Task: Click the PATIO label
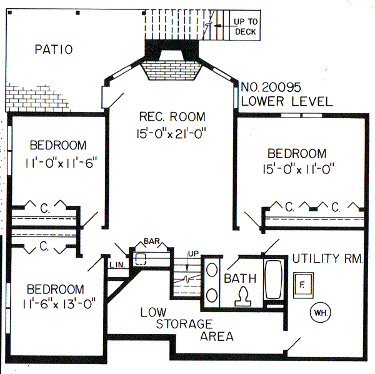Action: point(53,49)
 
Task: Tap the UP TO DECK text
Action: point(245,26)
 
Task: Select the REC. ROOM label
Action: point(172,117)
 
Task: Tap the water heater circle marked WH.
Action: point(319,311)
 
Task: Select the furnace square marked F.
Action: point(302,283)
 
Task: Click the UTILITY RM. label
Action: point(327,258)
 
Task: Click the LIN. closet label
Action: point(117,265)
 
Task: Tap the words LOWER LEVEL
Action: point(286,101)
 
